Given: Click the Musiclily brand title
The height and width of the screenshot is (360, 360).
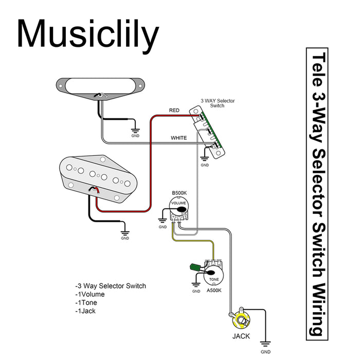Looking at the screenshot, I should [x=87, y=34].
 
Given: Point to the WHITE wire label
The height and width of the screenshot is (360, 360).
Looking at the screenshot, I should [x=178, y=138].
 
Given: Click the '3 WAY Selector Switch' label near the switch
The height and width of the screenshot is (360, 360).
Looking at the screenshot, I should [x=218, y=103].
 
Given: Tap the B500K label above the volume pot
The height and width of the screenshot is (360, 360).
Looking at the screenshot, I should [x=179, y=194].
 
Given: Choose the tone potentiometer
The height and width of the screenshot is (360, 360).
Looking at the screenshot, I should [x=213, y=273].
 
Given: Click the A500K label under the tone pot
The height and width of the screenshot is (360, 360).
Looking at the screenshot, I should [x=213, y=290].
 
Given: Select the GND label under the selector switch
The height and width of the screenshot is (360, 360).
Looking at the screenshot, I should [x=205, y=166].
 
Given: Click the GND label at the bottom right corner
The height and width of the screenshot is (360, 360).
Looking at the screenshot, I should [x=265, y=352].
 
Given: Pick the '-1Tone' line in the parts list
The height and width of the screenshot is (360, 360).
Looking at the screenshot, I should [x=87, y=303].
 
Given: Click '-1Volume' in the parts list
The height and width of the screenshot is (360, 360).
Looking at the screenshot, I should [x=90, y=295].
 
